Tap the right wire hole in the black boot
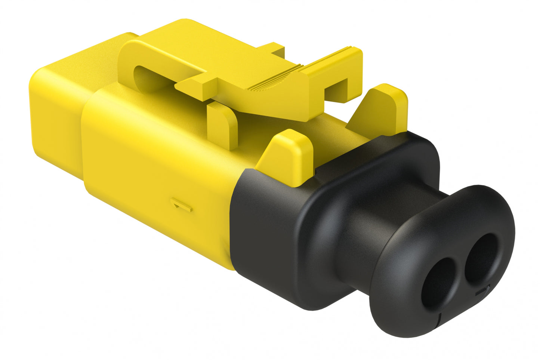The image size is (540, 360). [481, 258]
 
